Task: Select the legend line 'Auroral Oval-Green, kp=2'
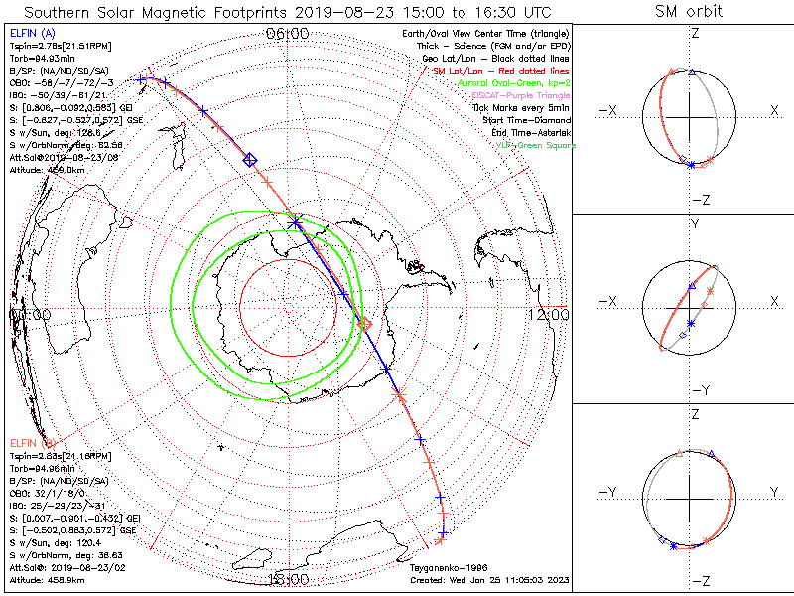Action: [516, 83]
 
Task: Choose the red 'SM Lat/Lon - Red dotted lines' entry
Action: [500, 72]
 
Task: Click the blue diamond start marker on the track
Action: [250, 159]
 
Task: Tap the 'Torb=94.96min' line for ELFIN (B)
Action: [41, 466]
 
